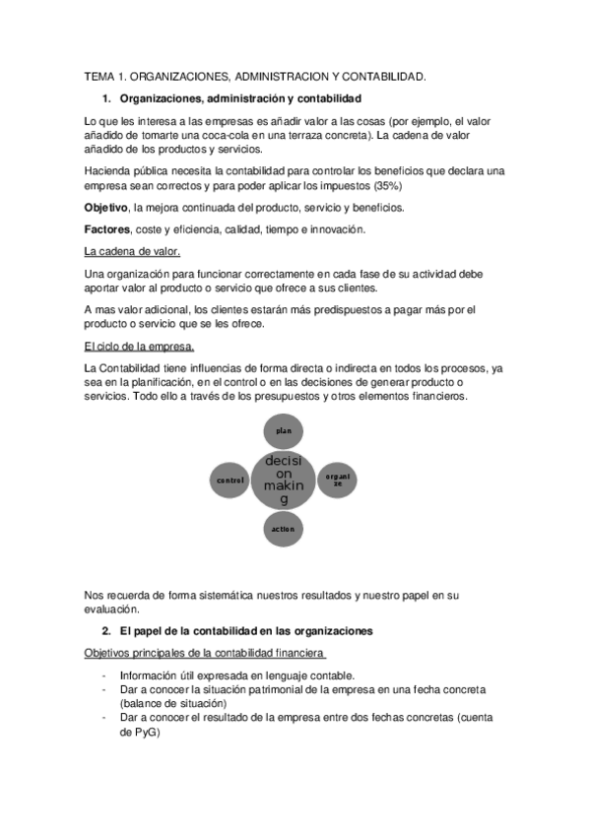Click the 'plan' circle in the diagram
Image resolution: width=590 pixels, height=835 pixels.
pos(284,431)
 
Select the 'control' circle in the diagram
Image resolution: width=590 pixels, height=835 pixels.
pos(229,481)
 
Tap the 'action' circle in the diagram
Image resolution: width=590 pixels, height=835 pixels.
pos(284,529)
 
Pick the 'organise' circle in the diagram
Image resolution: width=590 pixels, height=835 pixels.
pos(337,481)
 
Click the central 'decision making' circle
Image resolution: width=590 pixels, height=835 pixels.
pos(284,480)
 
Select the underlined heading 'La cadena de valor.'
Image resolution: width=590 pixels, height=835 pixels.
pos(132,251)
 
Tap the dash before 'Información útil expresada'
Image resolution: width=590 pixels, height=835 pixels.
pos(104,676)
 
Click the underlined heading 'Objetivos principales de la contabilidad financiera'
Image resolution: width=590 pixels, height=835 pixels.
pos(204,653)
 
